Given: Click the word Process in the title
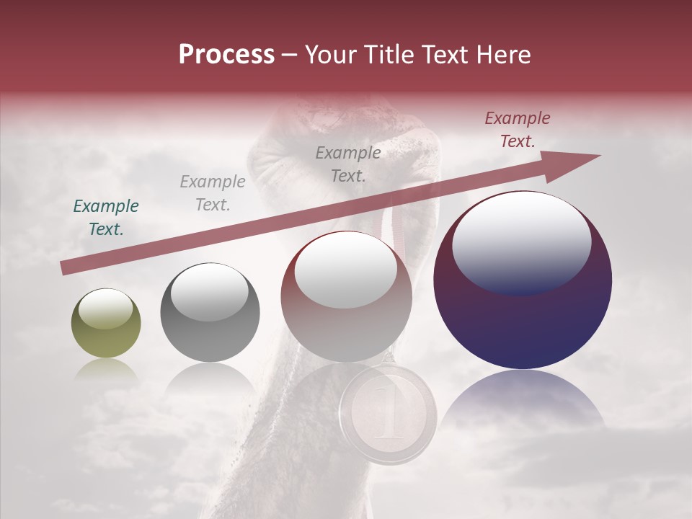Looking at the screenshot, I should (x=226, y=55).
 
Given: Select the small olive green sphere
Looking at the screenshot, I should (x=106, y=324).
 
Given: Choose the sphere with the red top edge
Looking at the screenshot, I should (x=346, y=297).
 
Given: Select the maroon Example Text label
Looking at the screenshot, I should (x=518, y=130).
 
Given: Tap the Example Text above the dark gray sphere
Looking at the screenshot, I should (x=213, y=193).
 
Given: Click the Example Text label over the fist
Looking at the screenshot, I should (x=348, y=164).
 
